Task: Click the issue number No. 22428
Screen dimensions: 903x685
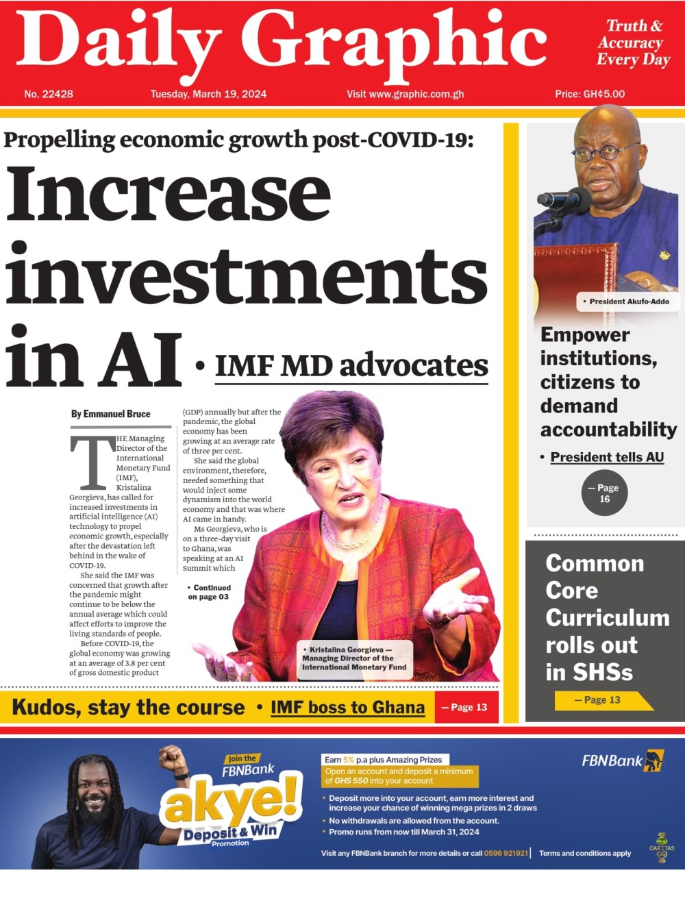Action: (x=49, y=94)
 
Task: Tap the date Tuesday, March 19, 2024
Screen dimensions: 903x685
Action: (x=208, y=94)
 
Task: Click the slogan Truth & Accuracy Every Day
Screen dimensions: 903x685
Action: (x=633, y=42)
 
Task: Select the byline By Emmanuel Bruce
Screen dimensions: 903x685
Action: (x=110, y=414)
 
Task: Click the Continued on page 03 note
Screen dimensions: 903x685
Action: (x=209, y=592)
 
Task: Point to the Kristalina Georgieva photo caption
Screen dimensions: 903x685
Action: (x=355, y=658)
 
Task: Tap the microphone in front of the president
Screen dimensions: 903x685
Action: (x=564, y=199)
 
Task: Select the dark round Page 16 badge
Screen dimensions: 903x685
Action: (x=604, y=493)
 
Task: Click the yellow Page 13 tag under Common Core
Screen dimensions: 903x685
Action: (x=601, y=700)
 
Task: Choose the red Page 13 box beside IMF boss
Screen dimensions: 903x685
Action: (x=466, y=708)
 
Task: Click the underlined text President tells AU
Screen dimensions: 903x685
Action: (x=607, y=457)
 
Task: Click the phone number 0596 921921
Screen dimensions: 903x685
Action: (x=506, y=853)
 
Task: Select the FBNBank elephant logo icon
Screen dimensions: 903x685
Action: (x=653, y=760)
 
